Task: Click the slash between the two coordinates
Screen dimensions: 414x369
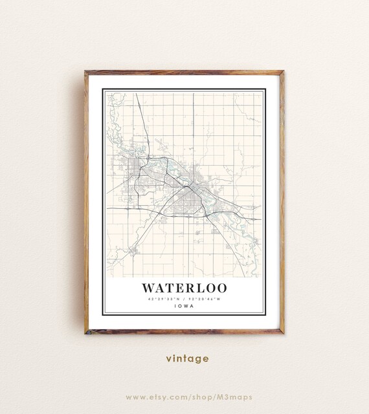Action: (x=184, y=298)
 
